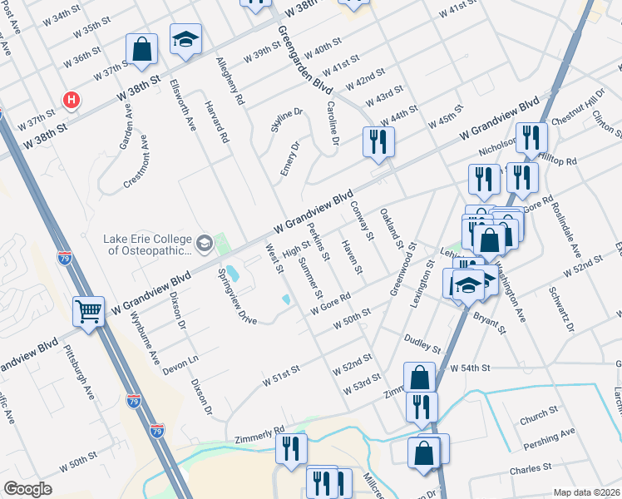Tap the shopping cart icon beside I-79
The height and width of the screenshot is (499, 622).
click(88, 311)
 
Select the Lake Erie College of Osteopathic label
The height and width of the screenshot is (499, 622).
click(147, 243)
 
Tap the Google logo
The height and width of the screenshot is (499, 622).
click(27, 489)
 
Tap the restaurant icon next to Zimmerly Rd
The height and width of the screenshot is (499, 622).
click(291, 447)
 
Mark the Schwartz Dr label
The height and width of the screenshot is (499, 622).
click(561, 311)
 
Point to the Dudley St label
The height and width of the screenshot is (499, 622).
click(420, 338)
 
